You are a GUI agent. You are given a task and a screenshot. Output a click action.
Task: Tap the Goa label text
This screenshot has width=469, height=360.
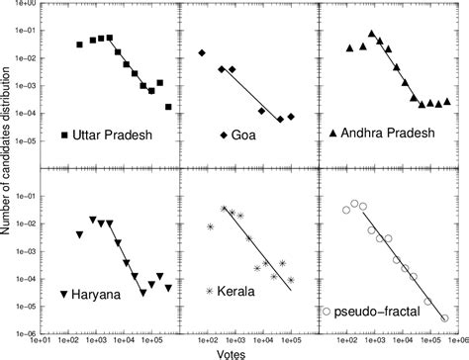click(241, 135)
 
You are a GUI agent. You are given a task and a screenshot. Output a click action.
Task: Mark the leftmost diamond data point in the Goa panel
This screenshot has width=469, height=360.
click(202, 52)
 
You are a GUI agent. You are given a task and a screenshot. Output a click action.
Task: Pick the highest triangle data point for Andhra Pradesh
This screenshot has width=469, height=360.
click(371, 34)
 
